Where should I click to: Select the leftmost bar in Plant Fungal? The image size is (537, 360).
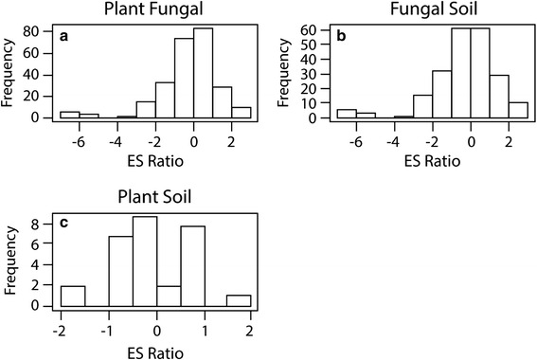(x=69, y=115)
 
